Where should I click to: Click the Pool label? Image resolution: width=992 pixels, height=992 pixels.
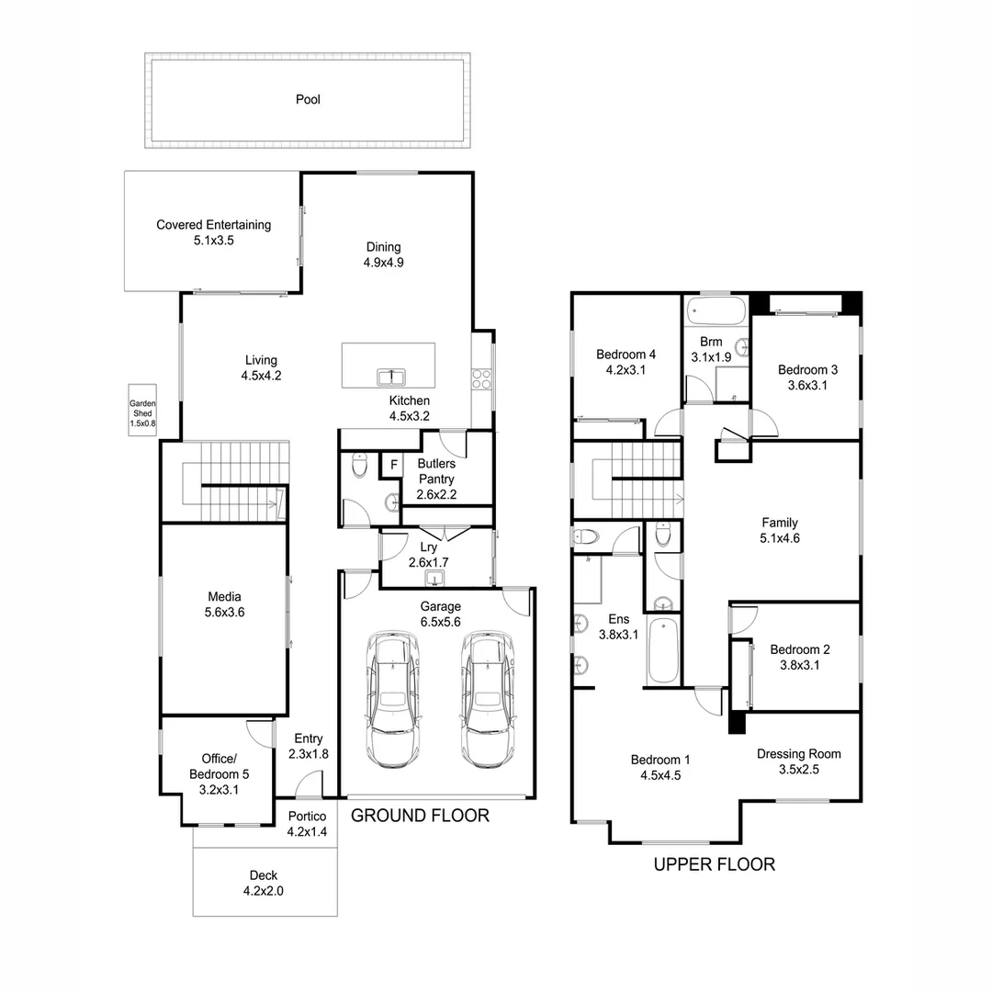(308, 99)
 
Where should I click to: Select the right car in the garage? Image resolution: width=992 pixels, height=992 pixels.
(487, 698)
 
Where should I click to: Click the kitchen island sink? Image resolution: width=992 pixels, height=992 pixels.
(391, 377)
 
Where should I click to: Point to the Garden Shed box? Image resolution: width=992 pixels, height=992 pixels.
(142, 413)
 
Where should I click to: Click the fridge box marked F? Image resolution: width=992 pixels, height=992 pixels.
(393, 465)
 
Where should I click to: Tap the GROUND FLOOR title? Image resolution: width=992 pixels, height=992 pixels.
(420, 815)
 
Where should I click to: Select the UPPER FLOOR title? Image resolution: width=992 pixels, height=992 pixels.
(714, 864)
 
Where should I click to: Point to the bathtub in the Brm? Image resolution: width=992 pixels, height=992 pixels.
(716, 310)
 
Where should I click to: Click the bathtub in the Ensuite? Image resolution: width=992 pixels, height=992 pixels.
(662, 650)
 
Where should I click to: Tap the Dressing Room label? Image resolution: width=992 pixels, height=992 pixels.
(798, 754)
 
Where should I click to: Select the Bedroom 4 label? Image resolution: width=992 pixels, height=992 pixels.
(626, 355)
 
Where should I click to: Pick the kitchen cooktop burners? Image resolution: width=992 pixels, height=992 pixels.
(481, 380)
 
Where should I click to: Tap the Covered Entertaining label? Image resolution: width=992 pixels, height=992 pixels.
(213, 224)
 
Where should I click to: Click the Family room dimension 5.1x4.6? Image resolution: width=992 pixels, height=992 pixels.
(779, 539)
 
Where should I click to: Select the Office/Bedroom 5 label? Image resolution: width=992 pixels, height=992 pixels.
(219, 766)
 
